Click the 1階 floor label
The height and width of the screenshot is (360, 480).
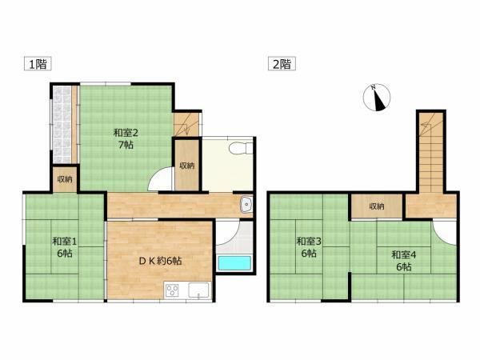(x=38, y=64)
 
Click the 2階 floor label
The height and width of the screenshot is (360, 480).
(x=282, y=64)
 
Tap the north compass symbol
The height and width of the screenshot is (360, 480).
(x=377, y=98)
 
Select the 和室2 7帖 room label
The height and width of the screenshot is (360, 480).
(x=126, y=138)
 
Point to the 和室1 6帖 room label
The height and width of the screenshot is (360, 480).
(x=65, y=247)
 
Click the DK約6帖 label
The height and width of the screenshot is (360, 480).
(x=160, y=261)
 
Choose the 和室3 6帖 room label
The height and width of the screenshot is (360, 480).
(x=309, y=247)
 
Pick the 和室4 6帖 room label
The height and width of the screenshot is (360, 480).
(x=404, y=261)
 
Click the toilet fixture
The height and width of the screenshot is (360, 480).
(x=241, y=148)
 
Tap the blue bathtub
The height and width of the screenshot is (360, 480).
(x=234, y=263)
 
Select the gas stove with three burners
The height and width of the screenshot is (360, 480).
(x=172, y=290)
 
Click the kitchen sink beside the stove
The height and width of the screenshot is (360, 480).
(x=199, y=290)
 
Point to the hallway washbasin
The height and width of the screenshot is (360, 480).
(x=246, y=205)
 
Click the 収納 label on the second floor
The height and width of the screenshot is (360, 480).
(x=377, y=206)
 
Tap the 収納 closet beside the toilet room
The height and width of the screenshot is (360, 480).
(x=187, y=165)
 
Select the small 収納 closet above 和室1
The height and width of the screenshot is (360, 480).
(x=65, y=179)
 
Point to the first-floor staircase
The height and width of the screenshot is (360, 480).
(x=186, y=124)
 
